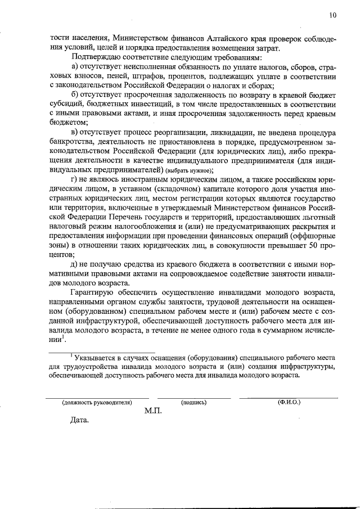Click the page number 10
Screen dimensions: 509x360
click(333, 16)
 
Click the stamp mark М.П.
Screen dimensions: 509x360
click(152, 411)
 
